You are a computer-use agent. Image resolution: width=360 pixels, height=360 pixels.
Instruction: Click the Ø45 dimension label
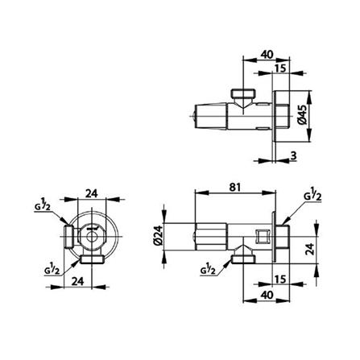point(300,118)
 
